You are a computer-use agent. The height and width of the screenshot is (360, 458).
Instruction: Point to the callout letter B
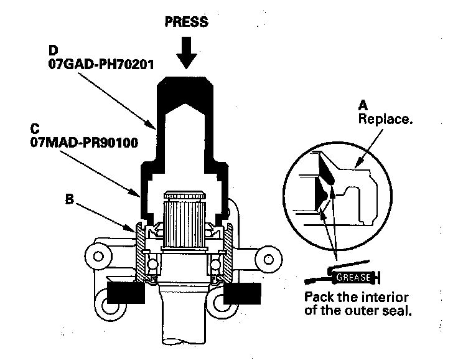(70, 201)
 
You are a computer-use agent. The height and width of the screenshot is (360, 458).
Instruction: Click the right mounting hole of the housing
(268, 258)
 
